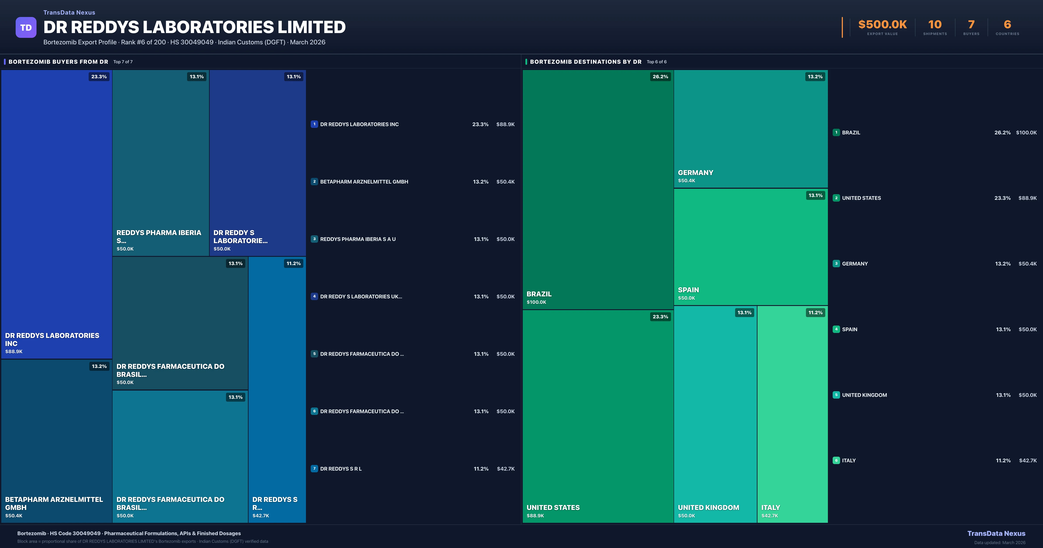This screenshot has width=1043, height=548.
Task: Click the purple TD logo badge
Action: point(26,28)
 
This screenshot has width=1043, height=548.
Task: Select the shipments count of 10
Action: point(935,25)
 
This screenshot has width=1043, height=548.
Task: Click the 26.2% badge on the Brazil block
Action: point(660,77)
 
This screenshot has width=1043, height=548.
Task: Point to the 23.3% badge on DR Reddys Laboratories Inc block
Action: point(99,77)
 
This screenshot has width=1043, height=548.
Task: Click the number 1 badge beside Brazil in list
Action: point(836,132)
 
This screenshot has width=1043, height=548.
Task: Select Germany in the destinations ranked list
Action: point(855,264)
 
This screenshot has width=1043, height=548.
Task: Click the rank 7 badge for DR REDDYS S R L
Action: point(314,469)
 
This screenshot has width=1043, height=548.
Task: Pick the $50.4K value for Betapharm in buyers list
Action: point(505,182)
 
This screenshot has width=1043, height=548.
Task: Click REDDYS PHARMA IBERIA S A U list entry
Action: point(358,239)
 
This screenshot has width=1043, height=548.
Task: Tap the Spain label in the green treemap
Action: point(688,290)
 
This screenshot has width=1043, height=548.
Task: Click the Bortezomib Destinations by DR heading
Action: point(585,62)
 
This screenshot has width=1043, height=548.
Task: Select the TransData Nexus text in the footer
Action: point(996,533)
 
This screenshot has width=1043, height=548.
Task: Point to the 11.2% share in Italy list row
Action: point(1003,460)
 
